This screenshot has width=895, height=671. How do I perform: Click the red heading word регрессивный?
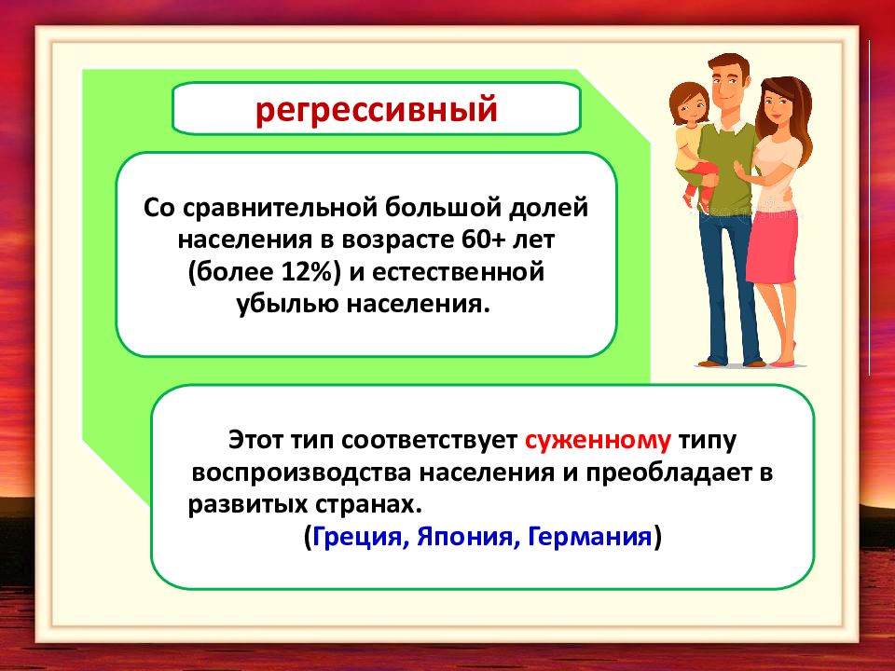pos(376,110)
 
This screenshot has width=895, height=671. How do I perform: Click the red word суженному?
pos(598,441)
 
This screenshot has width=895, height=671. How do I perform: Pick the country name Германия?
pos(589,537)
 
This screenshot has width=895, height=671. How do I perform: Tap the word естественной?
pos(458,271)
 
